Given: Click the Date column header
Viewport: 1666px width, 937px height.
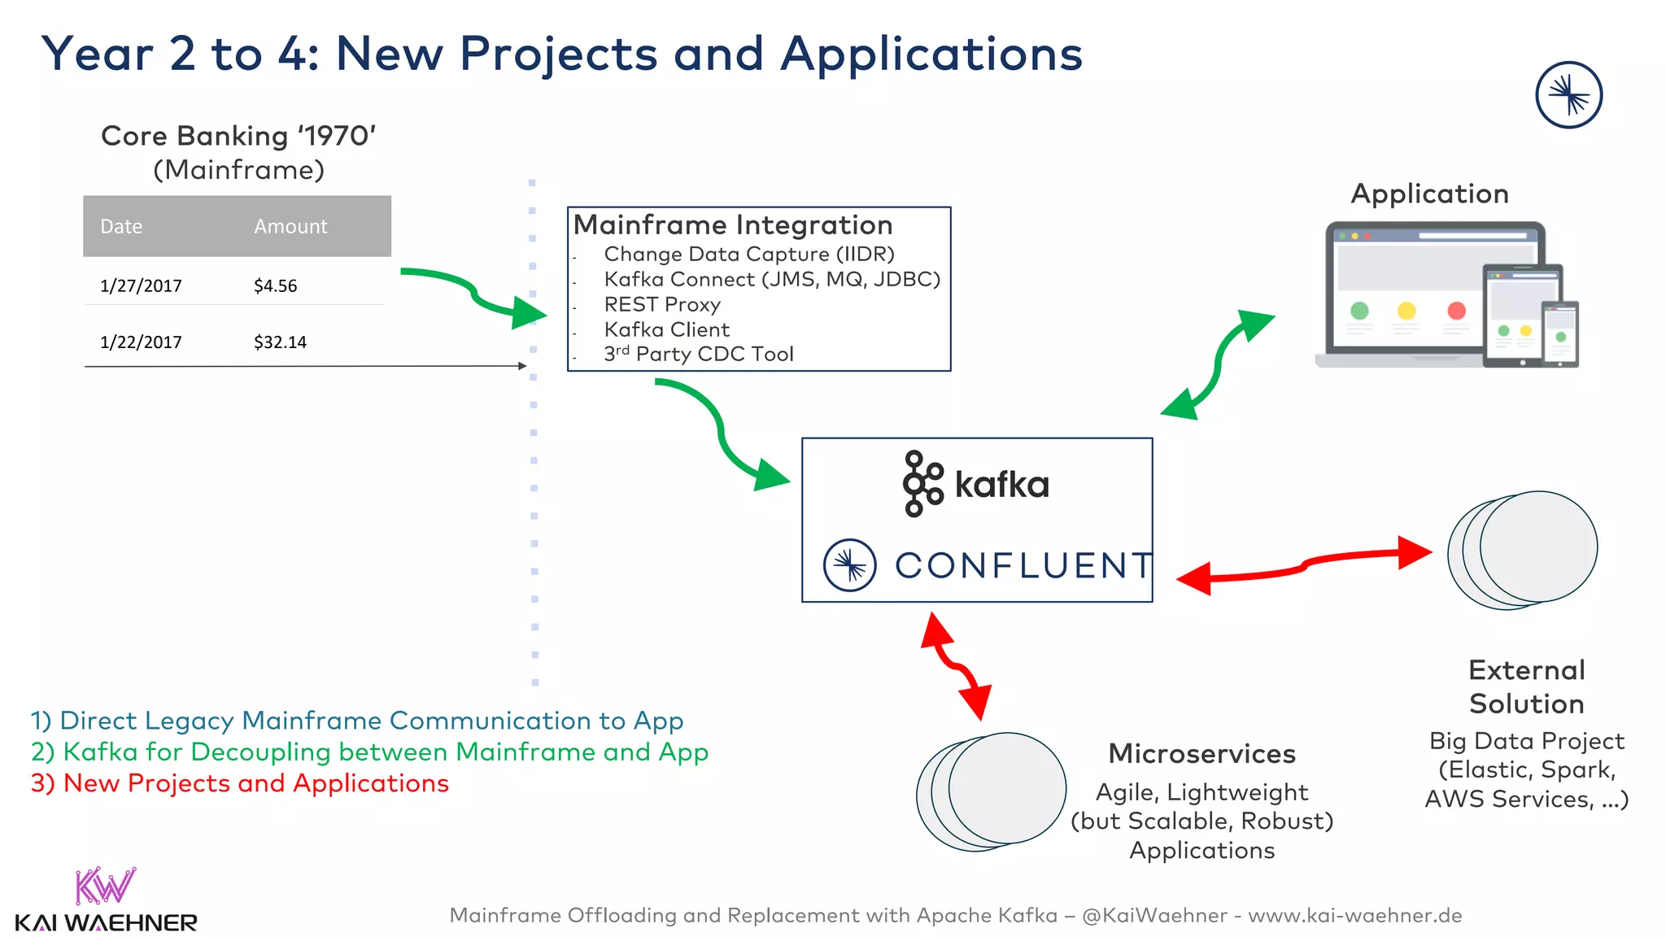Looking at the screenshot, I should tap(121, 226).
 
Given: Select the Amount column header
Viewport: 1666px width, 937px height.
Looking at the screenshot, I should tap(290, 226).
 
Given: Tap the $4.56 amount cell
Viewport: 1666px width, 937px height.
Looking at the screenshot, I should tap(275, 285).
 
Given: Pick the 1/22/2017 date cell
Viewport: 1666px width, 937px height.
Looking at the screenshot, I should tap(141, 342).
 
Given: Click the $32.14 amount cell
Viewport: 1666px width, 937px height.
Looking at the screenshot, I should tap(280, 342).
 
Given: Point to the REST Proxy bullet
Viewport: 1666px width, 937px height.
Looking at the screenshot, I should tap(662, 304).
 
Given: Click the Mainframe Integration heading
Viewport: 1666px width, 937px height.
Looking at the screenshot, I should tap(733, 224).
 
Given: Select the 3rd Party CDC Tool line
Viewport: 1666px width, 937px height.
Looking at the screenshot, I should tap(698, 354).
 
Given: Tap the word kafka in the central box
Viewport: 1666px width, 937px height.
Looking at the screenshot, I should tap(1001, 485).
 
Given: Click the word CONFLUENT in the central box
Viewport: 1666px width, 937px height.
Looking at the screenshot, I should tap(1023, 565).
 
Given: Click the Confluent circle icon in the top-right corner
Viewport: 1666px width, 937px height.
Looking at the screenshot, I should tap(1568, 95).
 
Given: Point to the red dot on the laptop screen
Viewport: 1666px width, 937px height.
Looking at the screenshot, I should tap(1456, 310).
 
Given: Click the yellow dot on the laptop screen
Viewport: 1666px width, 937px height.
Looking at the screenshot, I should tap(1407, 310).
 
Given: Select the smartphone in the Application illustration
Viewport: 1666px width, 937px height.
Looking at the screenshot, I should tap(1560, 333).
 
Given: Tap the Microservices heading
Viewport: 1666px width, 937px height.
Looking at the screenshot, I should tap(1202, 753).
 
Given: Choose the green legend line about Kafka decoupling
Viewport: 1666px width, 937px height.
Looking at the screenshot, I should tap(369, 752).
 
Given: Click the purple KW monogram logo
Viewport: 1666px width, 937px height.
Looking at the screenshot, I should tap(105, 886).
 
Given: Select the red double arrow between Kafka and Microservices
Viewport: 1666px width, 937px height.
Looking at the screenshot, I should tap(957, 666).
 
